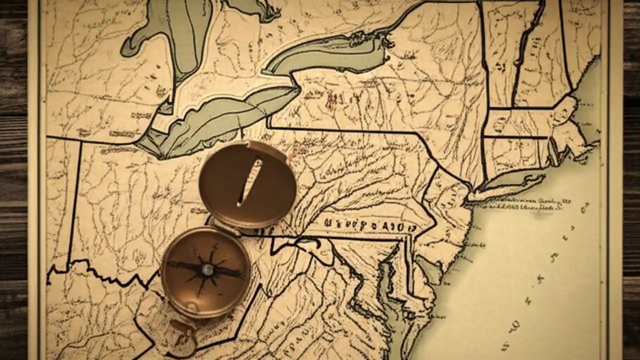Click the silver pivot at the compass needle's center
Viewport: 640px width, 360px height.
[x=206, y=270]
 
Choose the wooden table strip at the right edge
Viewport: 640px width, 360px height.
[x=631, y=180]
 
